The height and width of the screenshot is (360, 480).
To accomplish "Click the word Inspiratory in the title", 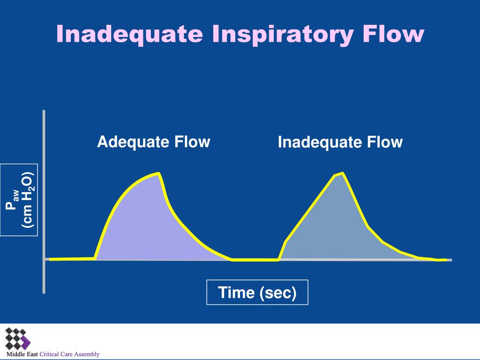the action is coord(283,34).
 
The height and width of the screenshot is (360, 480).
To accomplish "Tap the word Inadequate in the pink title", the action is coord(129,34).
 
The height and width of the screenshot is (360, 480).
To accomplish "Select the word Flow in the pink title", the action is coord(393,33).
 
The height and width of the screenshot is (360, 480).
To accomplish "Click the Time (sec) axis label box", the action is coord(257,292).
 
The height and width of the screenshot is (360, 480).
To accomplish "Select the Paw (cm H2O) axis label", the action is coord(19,200).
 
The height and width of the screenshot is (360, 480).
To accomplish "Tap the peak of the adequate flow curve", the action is coord(158,173).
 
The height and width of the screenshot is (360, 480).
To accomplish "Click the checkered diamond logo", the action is coord(18,338).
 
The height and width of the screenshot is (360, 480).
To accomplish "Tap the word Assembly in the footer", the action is coord(87,354).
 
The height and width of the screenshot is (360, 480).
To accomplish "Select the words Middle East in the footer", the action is coord(22,354).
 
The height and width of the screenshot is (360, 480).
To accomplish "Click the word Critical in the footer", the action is coord(49,354).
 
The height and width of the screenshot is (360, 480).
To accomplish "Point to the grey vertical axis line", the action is coord(44,202).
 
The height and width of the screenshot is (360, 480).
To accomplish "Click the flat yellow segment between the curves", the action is coord(255,260).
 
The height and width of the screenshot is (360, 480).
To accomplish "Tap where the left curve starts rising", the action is coord(95,259).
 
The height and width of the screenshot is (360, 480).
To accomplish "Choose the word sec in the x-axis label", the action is coord(277,292).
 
